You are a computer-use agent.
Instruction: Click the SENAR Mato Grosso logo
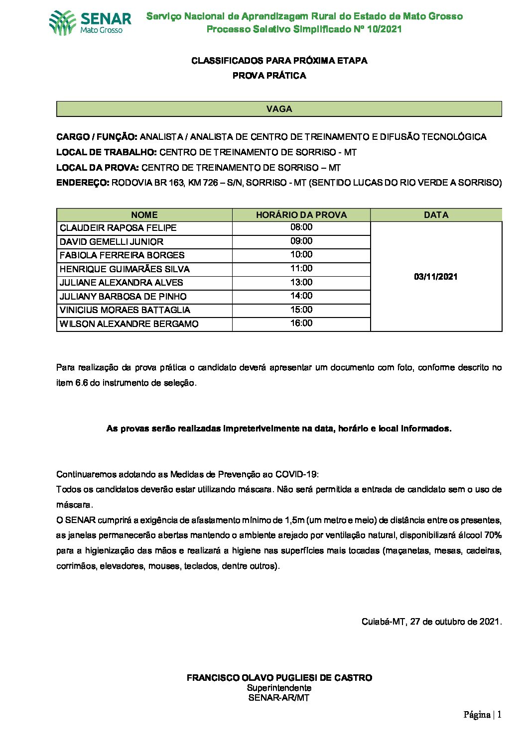coord(90,23)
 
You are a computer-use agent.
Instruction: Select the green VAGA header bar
coord(279,109)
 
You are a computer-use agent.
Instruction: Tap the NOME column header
coord(144,215)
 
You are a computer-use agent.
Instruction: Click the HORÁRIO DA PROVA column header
coord(301,215)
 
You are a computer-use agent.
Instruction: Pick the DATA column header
coord(436,215)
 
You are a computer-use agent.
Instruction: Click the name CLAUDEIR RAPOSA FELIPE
coord(118,228)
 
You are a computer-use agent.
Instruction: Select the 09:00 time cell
coord(301,241)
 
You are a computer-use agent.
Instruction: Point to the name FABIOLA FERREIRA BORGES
coord(122,255)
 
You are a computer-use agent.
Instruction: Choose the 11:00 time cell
coord(301,269)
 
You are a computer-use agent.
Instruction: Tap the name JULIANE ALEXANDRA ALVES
coord(122,283)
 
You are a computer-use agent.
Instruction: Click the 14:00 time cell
coord(301,296)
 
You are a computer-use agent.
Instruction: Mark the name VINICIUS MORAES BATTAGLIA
coord(125,310)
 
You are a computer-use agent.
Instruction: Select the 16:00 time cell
coord(301,323)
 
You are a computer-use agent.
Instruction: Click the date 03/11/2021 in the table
coord(436,277)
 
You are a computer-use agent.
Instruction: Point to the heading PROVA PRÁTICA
coord(269,76)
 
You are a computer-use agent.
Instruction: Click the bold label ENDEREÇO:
coord(83,183)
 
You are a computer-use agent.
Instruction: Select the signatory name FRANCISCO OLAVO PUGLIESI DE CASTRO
coord(279,678)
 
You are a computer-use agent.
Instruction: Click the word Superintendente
coord(279,688)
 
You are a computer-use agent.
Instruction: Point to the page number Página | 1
coord(482,715)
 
